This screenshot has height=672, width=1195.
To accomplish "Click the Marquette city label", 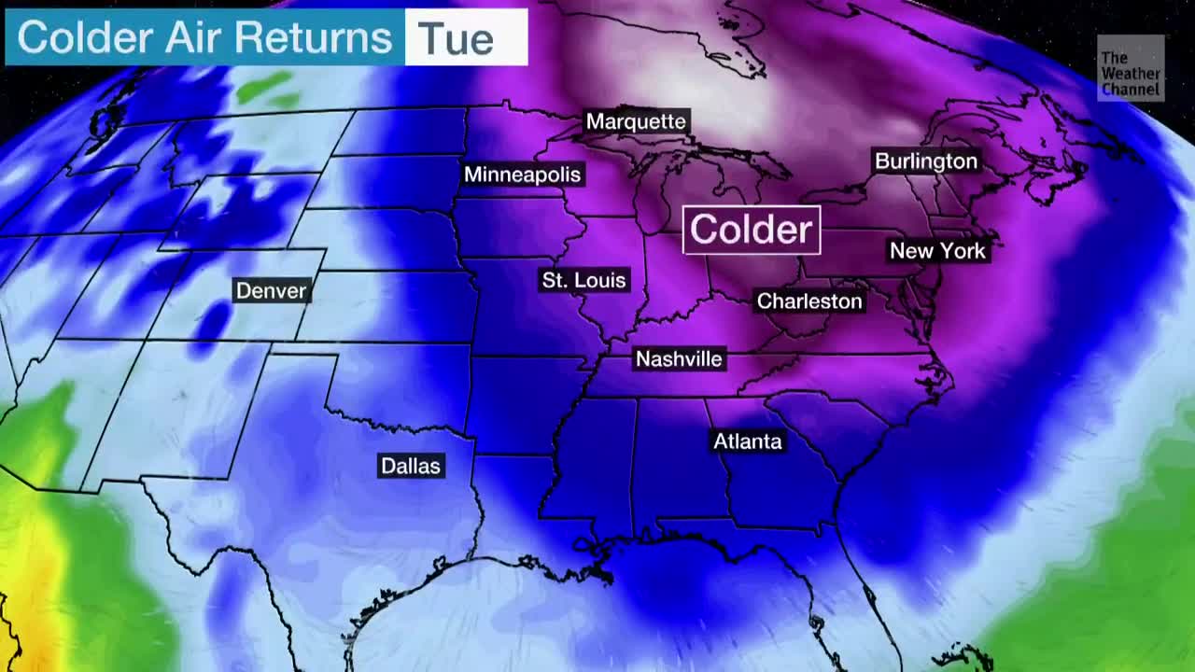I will point(636,121).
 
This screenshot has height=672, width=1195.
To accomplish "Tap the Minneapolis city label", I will point(522,175).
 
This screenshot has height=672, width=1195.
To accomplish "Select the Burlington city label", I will point(925,161).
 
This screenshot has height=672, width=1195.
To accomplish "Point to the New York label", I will point(937,251).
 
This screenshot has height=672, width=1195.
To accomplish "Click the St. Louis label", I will point(583,280).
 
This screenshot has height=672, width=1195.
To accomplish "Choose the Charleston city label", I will point(808,301).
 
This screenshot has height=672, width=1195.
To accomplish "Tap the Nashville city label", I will point(679,359).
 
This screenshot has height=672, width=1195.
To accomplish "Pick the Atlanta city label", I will point(747,441).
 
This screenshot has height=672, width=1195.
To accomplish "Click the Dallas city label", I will point(410,466).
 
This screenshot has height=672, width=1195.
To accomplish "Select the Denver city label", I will point(271,291).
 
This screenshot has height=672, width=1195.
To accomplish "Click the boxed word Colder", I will point(752,230).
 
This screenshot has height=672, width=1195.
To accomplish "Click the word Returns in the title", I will point(313,38).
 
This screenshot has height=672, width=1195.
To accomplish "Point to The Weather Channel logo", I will point(1131,69).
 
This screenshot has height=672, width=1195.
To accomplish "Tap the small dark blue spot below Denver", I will point(213,322).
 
